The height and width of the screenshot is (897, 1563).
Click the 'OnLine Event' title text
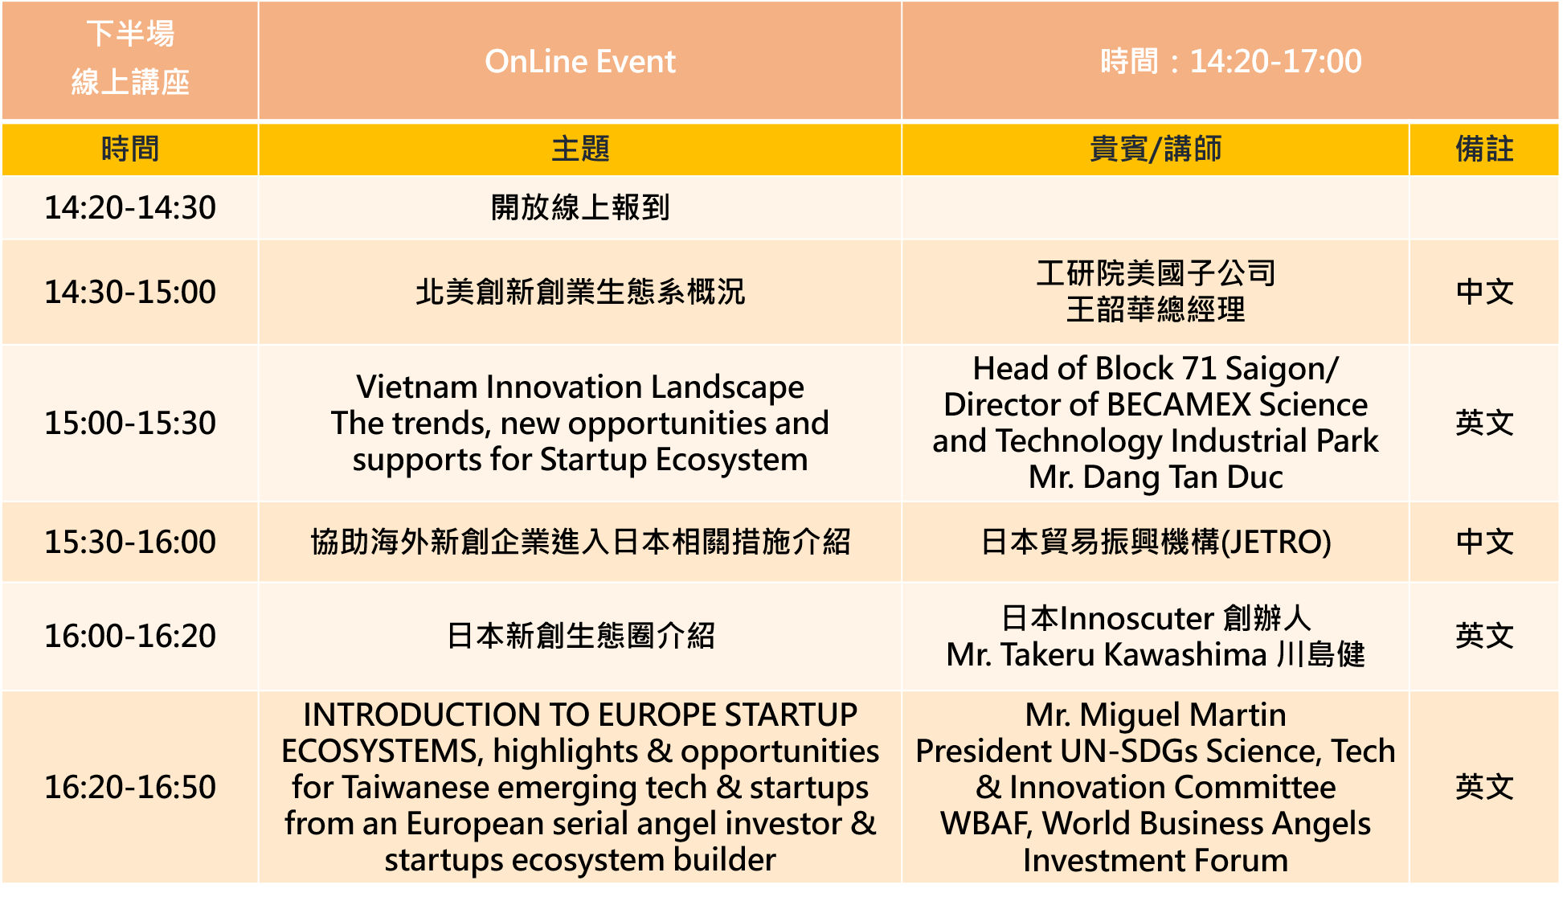click(x=580, y=62)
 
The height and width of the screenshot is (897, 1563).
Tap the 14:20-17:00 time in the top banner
click(x=1275, y=62)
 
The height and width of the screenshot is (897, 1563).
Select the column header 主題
click(x=580, y=149)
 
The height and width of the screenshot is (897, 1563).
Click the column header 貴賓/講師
click(x=1156, y=149)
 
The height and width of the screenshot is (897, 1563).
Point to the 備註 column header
click(x=1484, y=149)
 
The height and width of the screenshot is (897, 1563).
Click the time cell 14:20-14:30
click(x=130, y=208)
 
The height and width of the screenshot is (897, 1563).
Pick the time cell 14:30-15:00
click(x=130, y=293)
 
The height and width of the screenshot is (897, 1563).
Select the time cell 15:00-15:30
click(x=130, y=424)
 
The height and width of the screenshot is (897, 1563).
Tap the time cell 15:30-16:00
click(x=130, y=543)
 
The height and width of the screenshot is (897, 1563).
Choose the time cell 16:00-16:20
click(x=130, y=637)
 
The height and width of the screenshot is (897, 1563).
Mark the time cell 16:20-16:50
click(x=130, y=788)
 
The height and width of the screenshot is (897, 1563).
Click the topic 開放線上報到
click(x=580, y=208)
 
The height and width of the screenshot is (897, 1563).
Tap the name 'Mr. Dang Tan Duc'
click(x=1156, y=477)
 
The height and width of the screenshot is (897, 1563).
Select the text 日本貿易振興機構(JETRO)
click(x=1156, y=543)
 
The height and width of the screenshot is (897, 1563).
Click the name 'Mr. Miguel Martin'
click(x=1156, y=715)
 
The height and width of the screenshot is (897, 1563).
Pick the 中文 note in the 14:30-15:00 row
click(x=1484, y=293)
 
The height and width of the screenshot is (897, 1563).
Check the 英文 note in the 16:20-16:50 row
click(x=1484, y=788)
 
